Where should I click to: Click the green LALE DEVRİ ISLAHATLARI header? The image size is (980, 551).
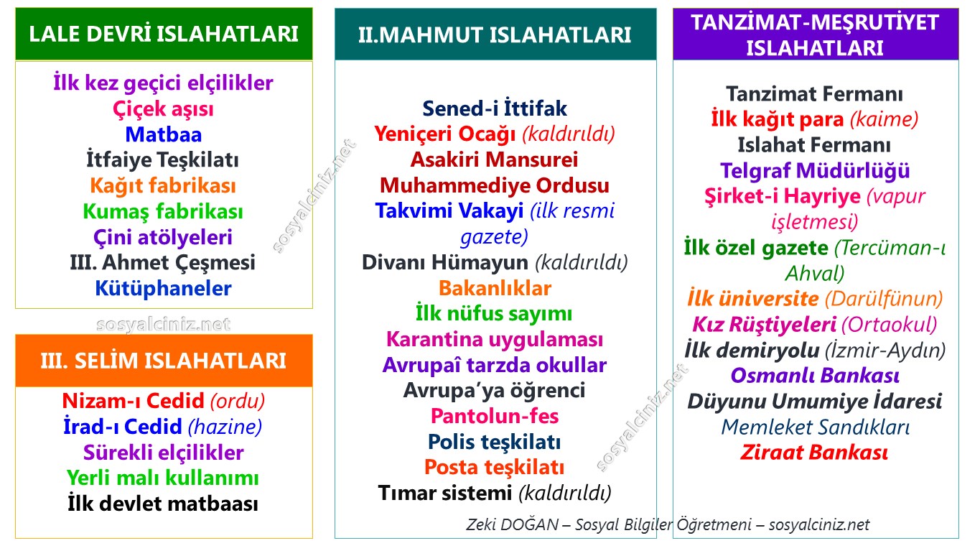(x=164, y=34)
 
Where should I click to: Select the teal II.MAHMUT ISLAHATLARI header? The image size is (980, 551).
(x=495, y=34)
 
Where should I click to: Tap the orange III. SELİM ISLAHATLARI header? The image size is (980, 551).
(x=164, y=361)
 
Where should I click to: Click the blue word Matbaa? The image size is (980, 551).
(x=164, y=134)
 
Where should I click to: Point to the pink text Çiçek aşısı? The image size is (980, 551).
(x=163, y=109)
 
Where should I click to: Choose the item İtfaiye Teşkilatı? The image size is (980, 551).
(x=162, y=160)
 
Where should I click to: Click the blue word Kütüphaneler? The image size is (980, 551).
(x=163, y=288)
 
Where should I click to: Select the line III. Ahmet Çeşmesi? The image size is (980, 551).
(x=162, y=263)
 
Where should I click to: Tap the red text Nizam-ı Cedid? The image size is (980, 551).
(x=133, y=401)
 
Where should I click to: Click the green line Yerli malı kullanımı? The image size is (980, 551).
(x=163, y=478)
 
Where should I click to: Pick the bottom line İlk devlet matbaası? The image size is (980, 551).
(x=163, y=504)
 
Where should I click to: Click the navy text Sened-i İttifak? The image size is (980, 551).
(x=495, y=108)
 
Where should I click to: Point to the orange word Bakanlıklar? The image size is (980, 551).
(x=495, y=288)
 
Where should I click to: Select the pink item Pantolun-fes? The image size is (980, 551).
(x=495, y=416)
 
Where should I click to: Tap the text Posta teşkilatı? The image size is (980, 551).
(x=495, y=468)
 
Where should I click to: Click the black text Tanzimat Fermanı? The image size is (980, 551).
(x=815, y=94)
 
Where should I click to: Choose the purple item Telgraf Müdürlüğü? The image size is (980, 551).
(x=815, y=171)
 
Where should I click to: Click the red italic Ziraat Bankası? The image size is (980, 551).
(x=814, y=453)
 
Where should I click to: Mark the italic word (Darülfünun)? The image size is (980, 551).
(x=883, y=300)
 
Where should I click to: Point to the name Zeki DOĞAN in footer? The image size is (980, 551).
(x=513, y=524)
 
